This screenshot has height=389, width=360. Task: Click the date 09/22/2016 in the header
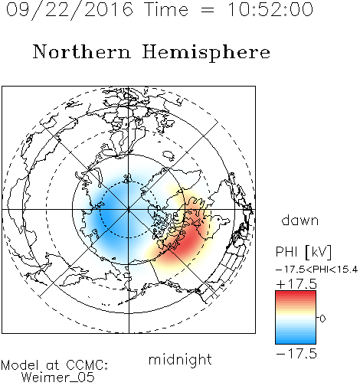pyautogui.click(x=70, y=10)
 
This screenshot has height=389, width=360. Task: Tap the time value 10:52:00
pyautogui.click(x=270, y=9)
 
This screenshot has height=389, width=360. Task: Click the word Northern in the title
pyautogui.click(x=82, y=51)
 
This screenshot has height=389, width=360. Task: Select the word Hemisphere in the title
pyautogui.click(x=206, y=53)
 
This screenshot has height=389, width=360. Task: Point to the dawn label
pyautogui.click(x=300, y=220)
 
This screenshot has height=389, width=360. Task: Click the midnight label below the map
pyautogui.click(x=180, y=360)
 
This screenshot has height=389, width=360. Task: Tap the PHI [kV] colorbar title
pyautogui.click(x=303, y=252)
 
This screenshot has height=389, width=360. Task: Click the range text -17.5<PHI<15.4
pyautogui.click(x=317, y=270)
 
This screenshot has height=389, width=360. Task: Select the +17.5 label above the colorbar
pyautogui.click(x=296, y=284)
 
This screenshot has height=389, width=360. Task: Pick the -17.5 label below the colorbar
pyautogui.click(x=296, y=354)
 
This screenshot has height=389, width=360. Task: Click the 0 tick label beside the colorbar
pyautogui.click(x=322, y=319)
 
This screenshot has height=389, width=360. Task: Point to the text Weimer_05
pyautogui.click(x=58, y=378)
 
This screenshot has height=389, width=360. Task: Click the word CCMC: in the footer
pyautogui.click(x=87, y=365)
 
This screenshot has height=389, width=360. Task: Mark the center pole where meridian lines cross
pyautogui.click(x=129, y=210)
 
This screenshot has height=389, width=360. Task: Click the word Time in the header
pyautogui.click(x=166, y=9)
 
